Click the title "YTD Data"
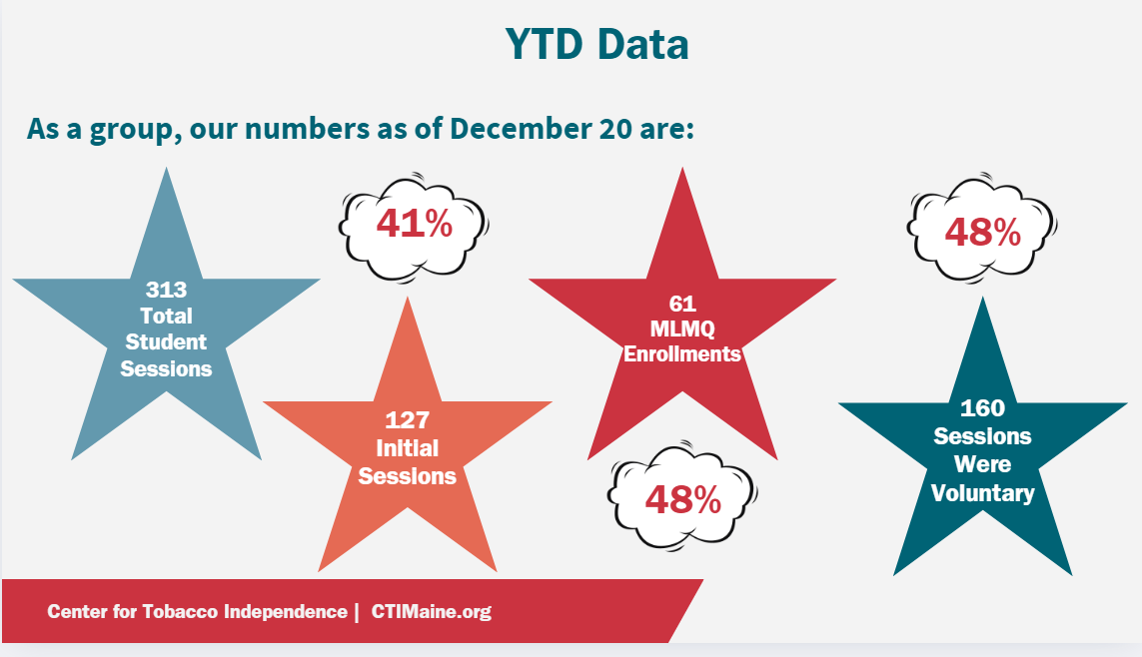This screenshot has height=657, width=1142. (596, 45)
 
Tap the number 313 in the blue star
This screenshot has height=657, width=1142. (166, 291)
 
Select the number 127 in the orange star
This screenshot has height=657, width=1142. (407, 420)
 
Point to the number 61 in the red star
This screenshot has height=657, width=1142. (682, 303)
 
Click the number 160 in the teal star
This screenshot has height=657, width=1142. (982, 408)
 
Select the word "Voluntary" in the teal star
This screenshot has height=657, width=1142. (982, 493)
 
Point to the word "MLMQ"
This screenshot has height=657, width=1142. (682, 328)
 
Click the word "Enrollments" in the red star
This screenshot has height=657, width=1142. (682, 354)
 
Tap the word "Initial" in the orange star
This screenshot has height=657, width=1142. (407, 448)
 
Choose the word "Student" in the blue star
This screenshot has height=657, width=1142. (166, 342)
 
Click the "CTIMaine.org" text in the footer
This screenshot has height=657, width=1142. (432, 612)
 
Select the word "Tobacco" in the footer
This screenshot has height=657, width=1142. (178, 612)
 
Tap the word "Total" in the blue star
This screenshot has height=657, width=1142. (166, 317)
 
